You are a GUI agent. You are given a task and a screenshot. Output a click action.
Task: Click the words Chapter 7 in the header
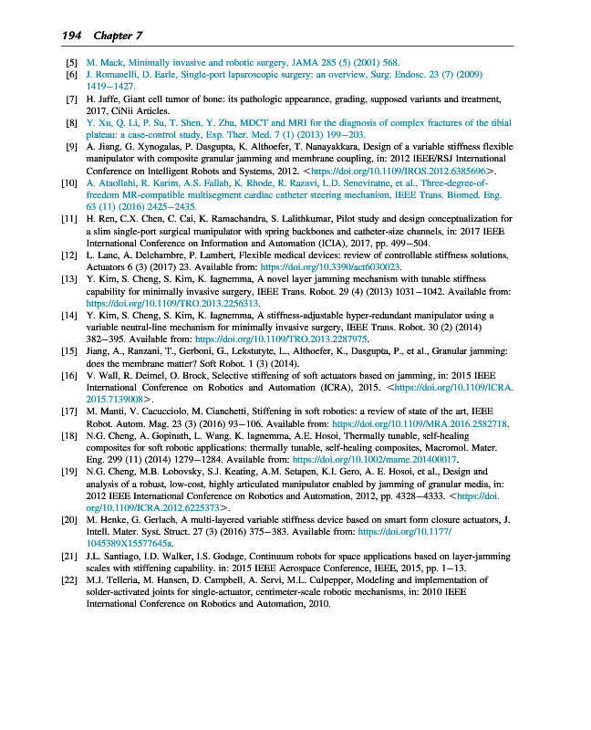118,36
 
